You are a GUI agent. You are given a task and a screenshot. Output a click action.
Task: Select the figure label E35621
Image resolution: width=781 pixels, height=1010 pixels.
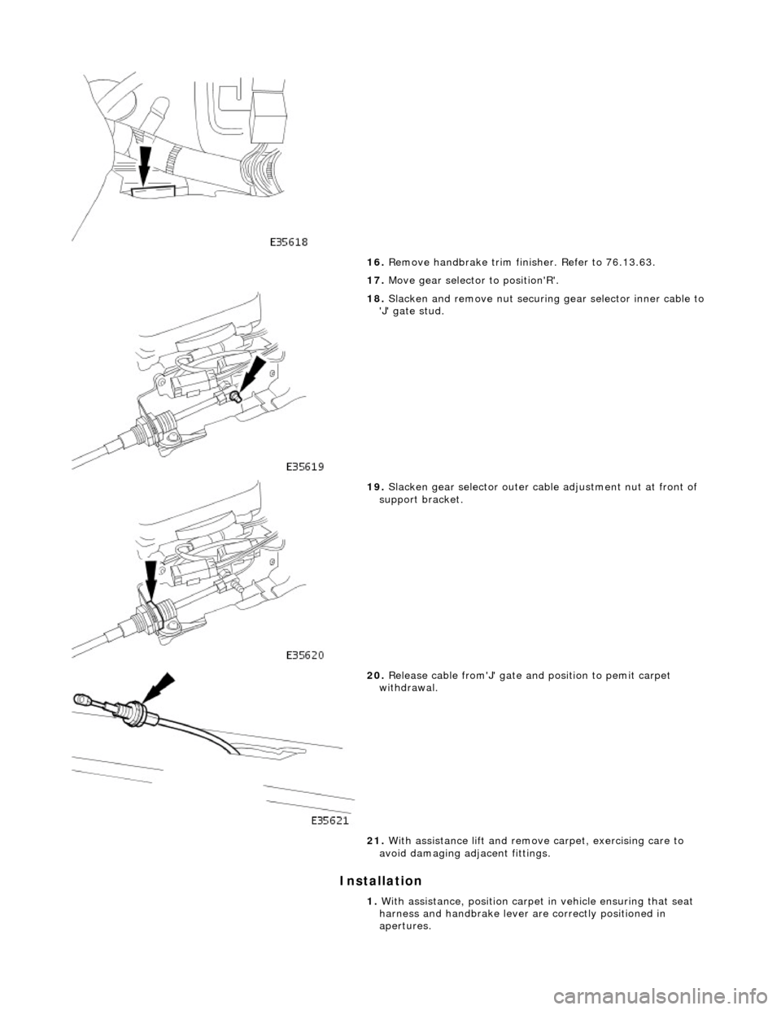(x=331, y=821)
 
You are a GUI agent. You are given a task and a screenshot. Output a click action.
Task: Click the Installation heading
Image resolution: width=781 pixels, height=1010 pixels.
(x=381, y=881)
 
